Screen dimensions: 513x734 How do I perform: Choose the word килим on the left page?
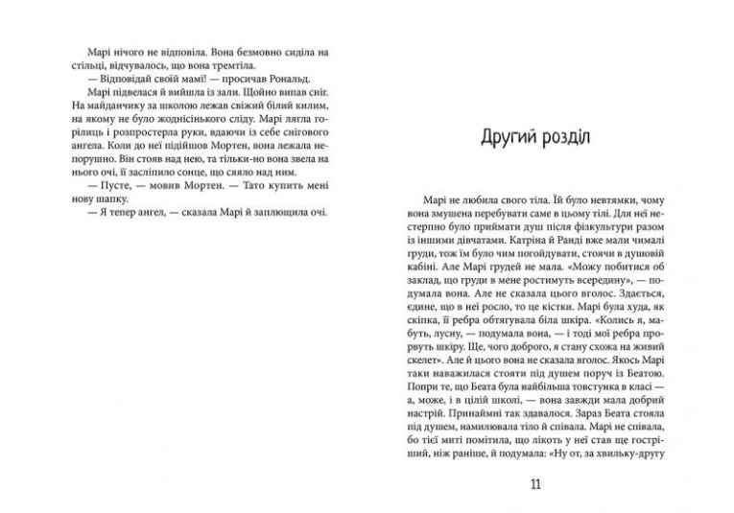pyautogui.click(x=312, y=100)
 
